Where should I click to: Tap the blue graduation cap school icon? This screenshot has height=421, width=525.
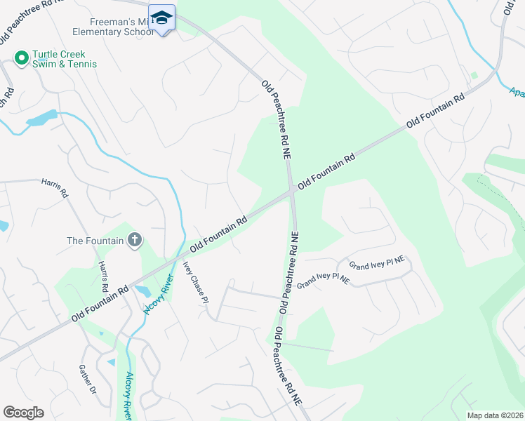[x=163, y=19]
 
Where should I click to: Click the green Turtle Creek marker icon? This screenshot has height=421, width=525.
[x=21, y=58]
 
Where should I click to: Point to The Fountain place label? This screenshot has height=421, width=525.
[x=95, y=241]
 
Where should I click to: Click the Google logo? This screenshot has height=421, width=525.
[x=23, y=413]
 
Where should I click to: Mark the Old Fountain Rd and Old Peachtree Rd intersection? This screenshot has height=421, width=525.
[x=291, y=192]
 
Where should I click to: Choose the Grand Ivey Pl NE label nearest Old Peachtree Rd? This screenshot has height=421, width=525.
[x=323, y=281]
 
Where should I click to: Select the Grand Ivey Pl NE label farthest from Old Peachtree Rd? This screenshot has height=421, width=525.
[x=377, y=264]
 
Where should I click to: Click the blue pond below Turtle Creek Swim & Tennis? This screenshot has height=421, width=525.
[x=41, y=118]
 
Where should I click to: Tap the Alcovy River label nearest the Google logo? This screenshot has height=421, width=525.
[x=128, y=395]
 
